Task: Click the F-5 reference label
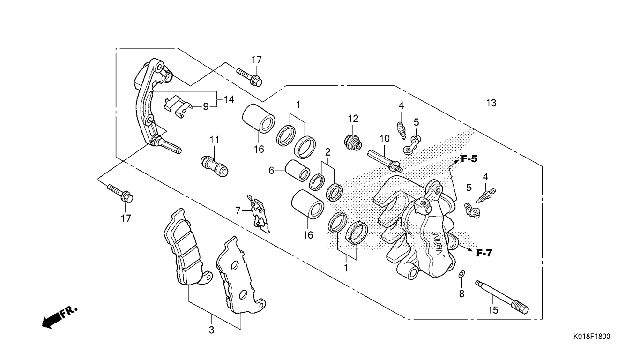click(469, 159)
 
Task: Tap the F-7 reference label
click(484, 253)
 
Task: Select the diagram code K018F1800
click(591, 336)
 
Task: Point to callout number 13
click(491, 103)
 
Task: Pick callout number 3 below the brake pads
click(211, 330)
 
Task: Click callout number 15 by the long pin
click(493, 310)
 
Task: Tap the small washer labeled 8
click(461, 274)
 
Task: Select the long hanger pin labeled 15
click(502, 297)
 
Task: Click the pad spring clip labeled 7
click(259, 214)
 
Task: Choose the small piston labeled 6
click(298, 171)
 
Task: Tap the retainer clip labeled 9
click(177, 106)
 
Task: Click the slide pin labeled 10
click(385, 161)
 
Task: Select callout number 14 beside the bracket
click(229, 99)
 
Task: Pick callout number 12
click(353, 119)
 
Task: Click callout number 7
click(238, 211)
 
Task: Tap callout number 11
click(215, 140)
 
